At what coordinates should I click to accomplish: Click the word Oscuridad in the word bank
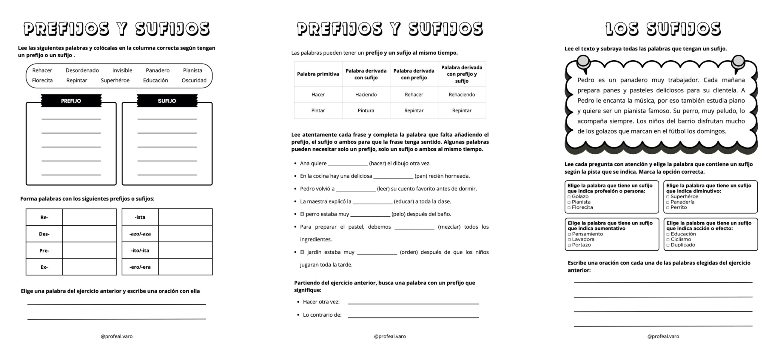tap(194, 80)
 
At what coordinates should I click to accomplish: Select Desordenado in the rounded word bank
tap(82, 70)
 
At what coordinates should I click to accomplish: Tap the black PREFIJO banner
tap(71, 101)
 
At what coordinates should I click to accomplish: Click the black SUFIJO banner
tap(167, 101)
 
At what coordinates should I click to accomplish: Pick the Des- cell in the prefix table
tap(44, 234)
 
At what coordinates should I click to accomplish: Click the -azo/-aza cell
tap(140, 234)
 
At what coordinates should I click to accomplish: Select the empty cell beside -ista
tap(185, 217)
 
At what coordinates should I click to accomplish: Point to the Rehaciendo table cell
tap(462, 95)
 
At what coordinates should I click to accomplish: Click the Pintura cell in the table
tap(366, 110)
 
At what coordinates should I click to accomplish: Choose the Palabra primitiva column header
tap(318, 74)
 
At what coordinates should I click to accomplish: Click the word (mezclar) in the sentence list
tap(449, 227)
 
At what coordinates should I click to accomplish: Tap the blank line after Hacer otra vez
tap(413, 302)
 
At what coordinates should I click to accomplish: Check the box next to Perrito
tap(668, 208)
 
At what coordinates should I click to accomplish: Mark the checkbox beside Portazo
tap(569, 245)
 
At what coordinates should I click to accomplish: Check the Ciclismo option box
tap(668, 240)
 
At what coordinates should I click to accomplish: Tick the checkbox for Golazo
tap(569, 197)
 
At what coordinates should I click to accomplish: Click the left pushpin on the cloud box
tap(583, 63)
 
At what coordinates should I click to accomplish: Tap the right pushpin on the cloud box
tap(738, 62)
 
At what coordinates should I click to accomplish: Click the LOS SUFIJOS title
tap(663, 29)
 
